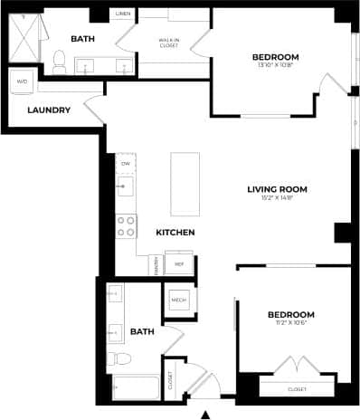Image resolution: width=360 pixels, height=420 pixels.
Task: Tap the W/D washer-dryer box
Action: pyautogui.click(x=21, y=82)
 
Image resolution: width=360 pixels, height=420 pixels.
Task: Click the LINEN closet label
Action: pyautogui.click(x=124, y=14)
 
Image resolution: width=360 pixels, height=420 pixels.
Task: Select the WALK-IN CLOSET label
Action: pyautogui.click(x=168, y=43)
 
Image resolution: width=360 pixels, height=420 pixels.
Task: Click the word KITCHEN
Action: pyautogui.click(x=175, y=233)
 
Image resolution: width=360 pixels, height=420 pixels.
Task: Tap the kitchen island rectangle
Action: pyautogui.click(x=185, y=179)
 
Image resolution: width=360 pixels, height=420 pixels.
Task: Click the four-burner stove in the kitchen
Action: pyautogui.click(x=126, y=225)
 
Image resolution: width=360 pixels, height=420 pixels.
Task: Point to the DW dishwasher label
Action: pyautogui.click(x=126, y=163)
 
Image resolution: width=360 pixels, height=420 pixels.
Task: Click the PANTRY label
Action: pyautogui.click(x=156, y=265)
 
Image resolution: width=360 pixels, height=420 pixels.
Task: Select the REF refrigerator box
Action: pyautogui.click(x=179, y=264)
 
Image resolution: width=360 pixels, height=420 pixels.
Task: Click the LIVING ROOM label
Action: pyautogui.click(x=278, y=189)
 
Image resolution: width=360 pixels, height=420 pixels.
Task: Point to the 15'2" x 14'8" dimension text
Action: pyautogui.click(x=278, y=199)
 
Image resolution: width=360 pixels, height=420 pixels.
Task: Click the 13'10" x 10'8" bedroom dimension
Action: pyautogui.click(x=275, y=66)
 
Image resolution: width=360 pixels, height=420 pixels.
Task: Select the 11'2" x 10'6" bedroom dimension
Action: pyautogui.click(x=290, y=324)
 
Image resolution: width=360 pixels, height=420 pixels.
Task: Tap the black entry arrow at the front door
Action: pyautogui.click(x=204, y=414)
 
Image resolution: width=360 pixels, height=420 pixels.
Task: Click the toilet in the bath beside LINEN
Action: pyautogui.click(x=59, y=62)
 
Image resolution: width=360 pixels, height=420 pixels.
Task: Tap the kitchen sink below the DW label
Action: pyautogui.click(x=126, y=186)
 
